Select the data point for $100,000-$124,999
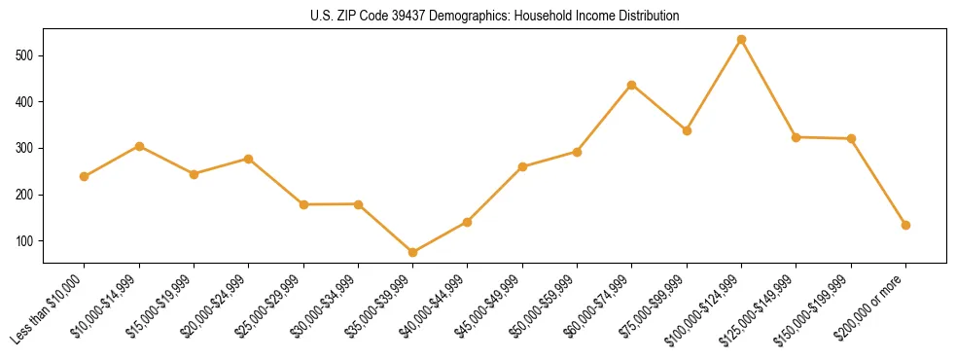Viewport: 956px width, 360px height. click(x=741, y=40)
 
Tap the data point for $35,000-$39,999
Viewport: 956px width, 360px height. click(x=412, y=253)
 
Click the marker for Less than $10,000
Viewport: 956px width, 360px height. click(x=85, y=176)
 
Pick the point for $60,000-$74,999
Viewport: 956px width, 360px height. click(x=632, y=86)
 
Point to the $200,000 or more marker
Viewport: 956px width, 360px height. click(x=905, y=225)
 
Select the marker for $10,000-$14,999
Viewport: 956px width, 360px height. click(x=139, y=146)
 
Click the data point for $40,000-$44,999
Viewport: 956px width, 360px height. click(x=468, y=222)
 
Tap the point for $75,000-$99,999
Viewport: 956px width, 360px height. click(x=687, y=130)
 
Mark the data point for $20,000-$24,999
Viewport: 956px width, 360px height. click(x=249, y=159)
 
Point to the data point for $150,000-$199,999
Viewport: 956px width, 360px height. click(x=851, y=139)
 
